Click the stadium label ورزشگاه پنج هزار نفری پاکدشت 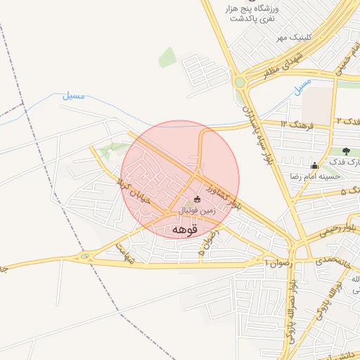pyautogui.click(x=252, y=14)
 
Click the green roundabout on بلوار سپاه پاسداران pyautogui.click(x=240, y=82)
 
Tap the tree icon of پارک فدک pyautogui.click(x=346, y=151)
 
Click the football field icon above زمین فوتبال pyautogui.click(x=197, y=199)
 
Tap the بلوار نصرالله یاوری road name pyautogui.click(x=291, y=309)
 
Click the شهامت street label pyautogui.click(x=123, y=249)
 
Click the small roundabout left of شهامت pyautogui.click(x=85, y=257)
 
